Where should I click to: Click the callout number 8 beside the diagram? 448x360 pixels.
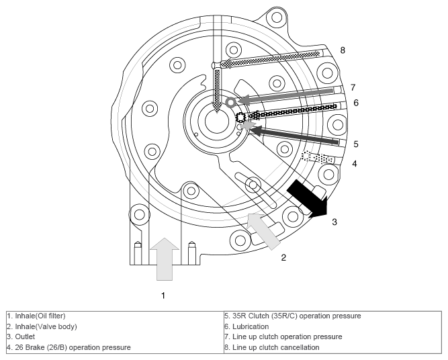click(343, 50)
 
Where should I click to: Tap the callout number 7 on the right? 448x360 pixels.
click(353, 87)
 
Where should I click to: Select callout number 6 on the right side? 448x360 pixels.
click(356, 103)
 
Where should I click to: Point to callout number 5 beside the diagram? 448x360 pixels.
click(356, 144)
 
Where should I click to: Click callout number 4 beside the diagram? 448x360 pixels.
click(355, 164)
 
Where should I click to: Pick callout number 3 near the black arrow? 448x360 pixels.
click(334, 222)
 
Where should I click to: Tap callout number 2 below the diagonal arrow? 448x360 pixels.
click(283, 257)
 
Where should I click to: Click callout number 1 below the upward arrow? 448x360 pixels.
click(163, 296)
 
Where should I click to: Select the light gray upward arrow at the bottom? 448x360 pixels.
click(165, 259)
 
